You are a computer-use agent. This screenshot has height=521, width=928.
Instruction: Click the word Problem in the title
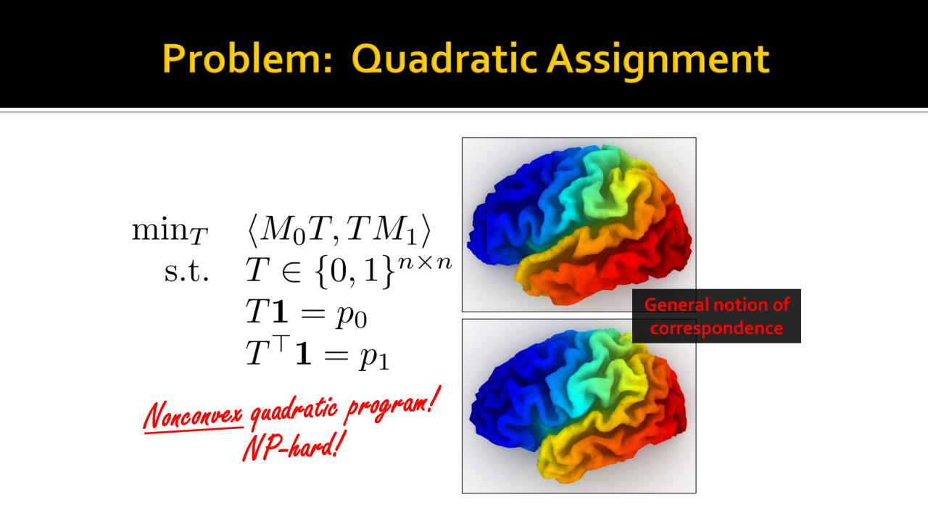pyautogui.click(x=247, y=59)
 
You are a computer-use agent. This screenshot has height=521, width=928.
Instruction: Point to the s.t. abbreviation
pyautogui.click(x=186, y=272)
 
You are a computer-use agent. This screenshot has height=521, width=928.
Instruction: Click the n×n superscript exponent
pyautogui.click(x=425, y=262)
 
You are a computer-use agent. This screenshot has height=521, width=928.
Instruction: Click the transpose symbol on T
pyautogui.click(x=281, y=343)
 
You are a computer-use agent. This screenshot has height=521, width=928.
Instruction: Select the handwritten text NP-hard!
pyautogui.click(x=294, y=446)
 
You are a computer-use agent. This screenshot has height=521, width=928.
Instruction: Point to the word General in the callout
pyautogui.click(x=676, y=305)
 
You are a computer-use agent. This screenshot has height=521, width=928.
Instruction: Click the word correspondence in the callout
pyautogui.click(x=716, y=328)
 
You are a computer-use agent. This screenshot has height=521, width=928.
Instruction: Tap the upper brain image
pyautogui.click(x=579, y=225)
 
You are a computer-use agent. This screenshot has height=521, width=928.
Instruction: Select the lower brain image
pyautogui.click(x=579, y=406)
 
